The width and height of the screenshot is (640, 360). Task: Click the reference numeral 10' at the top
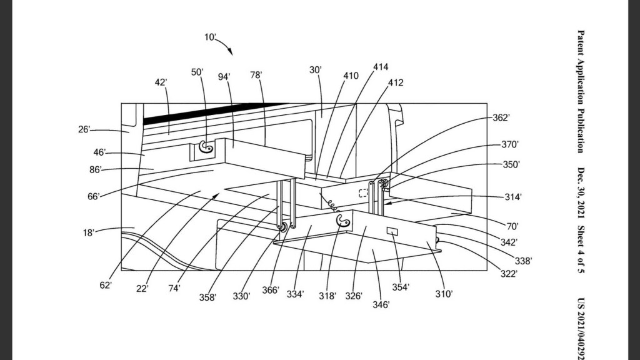click(x=211, y=37)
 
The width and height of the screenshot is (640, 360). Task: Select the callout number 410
click(x=351, y=76)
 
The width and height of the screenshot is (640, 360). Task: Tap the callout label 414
click(x=381, y=66)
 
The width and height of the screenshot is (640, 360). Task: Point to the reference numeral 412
click(x=396, y=82)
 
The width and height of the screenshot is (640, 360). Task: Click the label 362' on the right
click(x=501, y=117)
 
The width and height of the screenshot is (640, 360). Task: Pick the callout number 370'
click(x=510, y=144)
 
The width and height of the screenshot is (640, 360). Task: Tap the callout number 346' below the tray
click(x=381, y=304)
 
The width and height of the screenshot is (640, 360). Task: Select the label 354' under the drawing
click(x=400, y=287)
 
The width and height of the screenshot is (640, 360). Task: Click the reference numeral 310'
click(x=444, y=292)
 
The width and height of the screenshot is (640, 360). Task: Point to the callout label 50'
click(x=197, y=72)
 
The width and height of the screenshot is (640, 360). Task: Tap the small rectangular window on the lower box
click(x=393, y=232)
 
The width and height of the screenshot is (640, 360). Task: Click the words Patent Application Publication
click(x=581, y=91)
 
